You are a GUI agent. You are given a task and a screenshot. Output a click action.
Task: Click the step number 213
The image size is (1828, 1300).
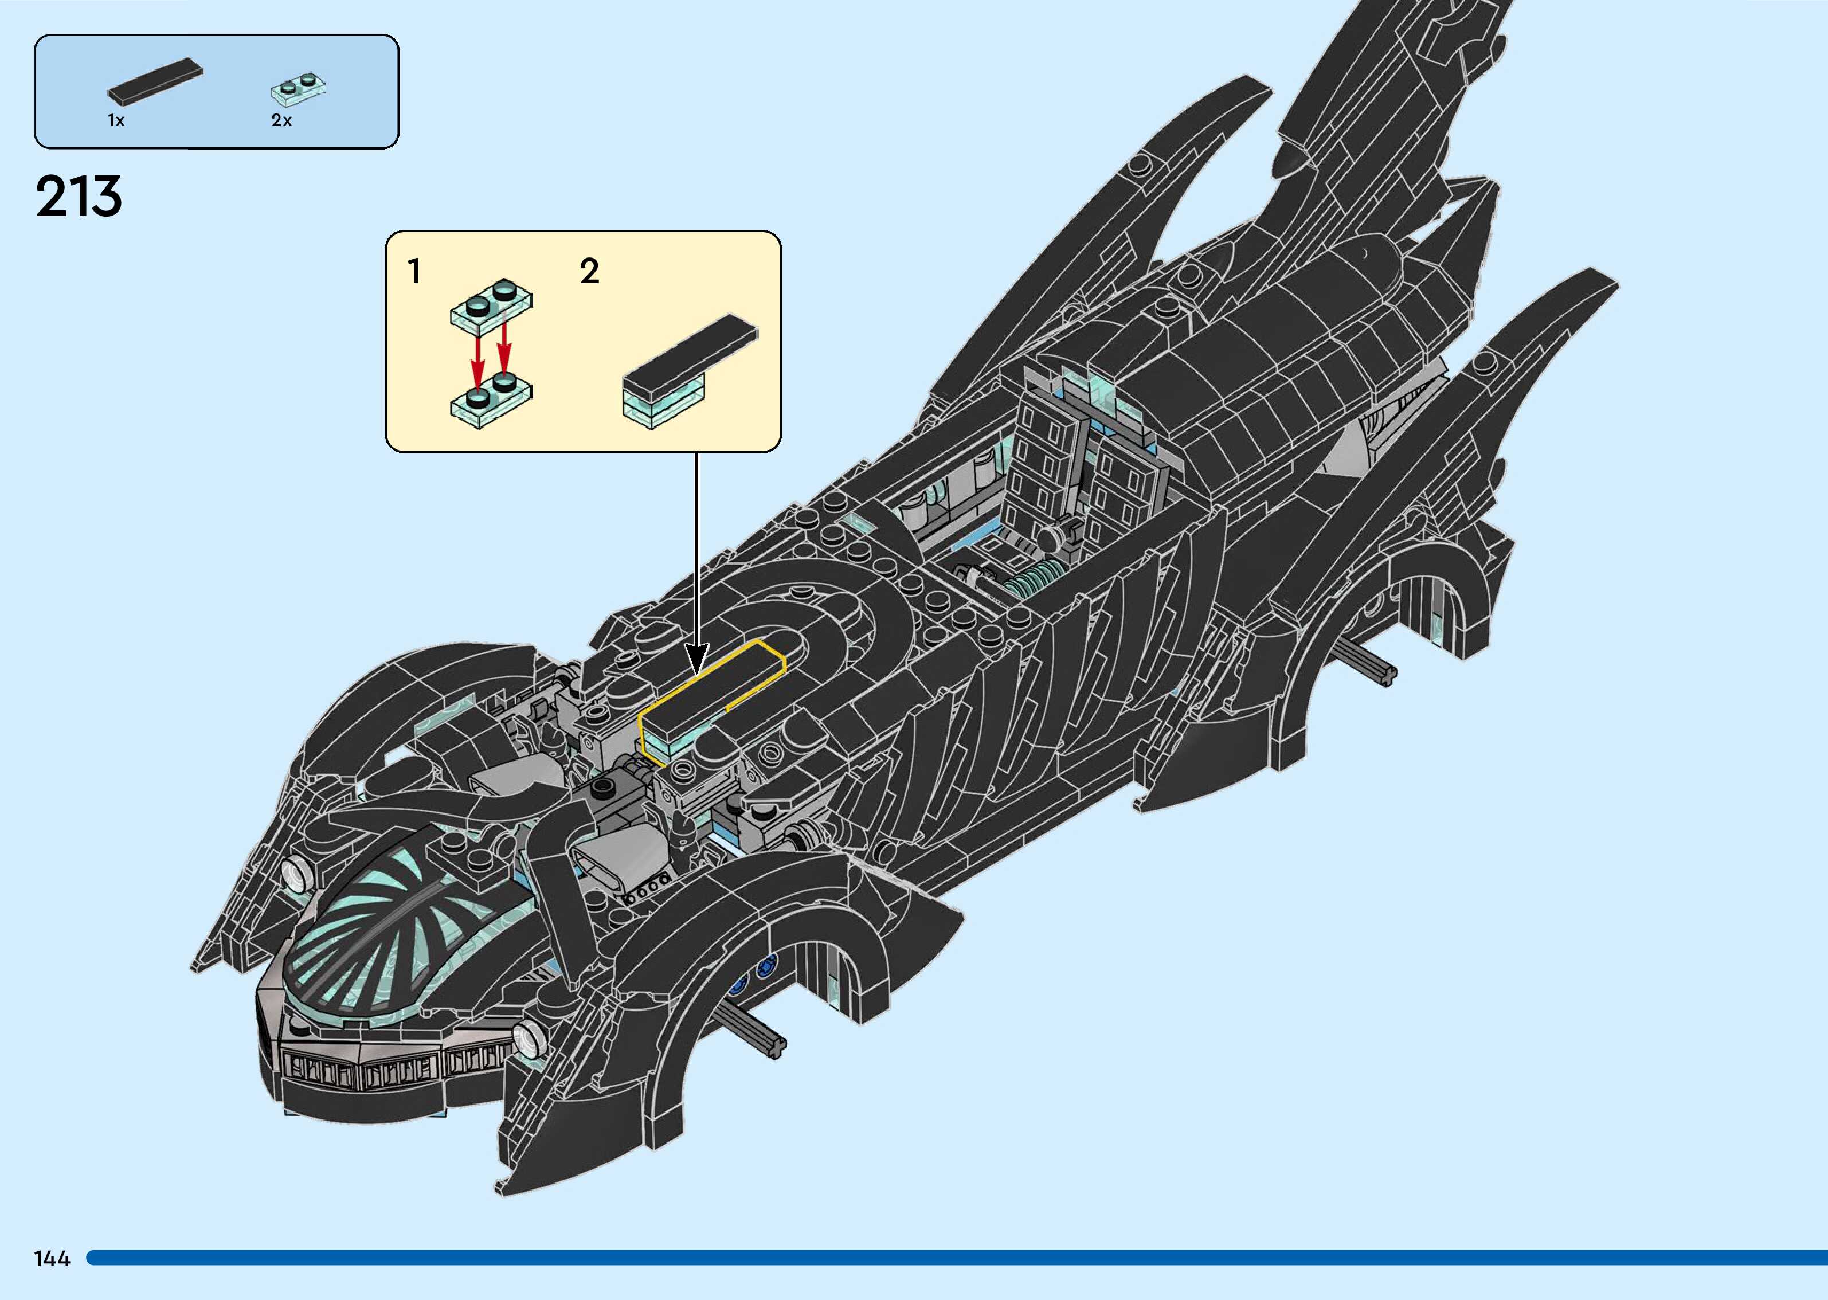click(79, 197)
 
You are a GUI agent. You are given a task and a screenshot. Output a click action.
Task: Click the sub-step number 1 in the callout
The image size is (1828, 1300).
click(414, 271)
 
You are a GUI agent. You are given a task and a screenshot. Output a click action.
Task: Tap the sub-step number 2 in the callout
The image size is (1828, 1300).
click(589, 271)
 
